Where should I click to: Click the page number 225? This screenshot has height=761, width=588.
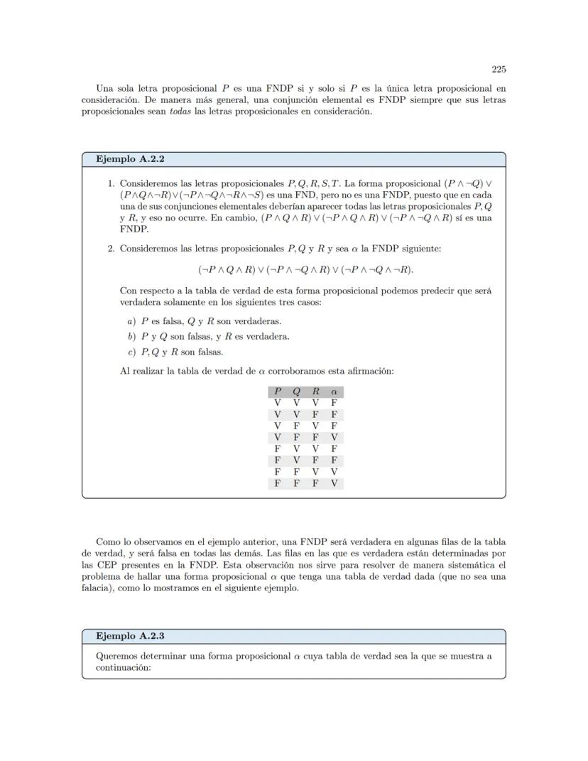click(x=499, y=70)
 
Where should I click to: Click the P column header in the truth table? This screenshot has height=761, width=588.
click(x=278, y=392)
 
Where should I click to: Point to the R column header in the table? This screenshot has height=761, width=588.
click(x=315, y=392)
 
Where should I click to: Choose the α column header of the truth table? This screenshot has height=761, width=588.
click(x=334, y=392)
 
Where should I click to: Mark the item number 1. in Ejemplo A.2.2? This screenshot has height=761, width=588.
click(x=111, y=183)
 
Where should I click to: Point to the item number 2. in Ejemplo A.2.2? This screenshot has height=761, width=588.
click(x=111, y=249)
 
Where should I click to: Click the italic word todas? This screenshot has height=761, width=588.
click(x=180, y=112)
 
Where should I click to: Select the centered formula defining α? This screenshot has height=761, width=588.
click(x=305, y=270)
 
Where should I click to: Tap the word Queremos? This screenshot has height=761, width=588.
click(x=116, y=656)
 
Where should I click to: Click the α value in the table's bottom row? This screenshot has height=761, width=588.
click(x=334, y=484)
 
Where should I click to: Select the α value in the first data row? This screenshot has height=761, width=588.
click(x=334, y=403)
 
